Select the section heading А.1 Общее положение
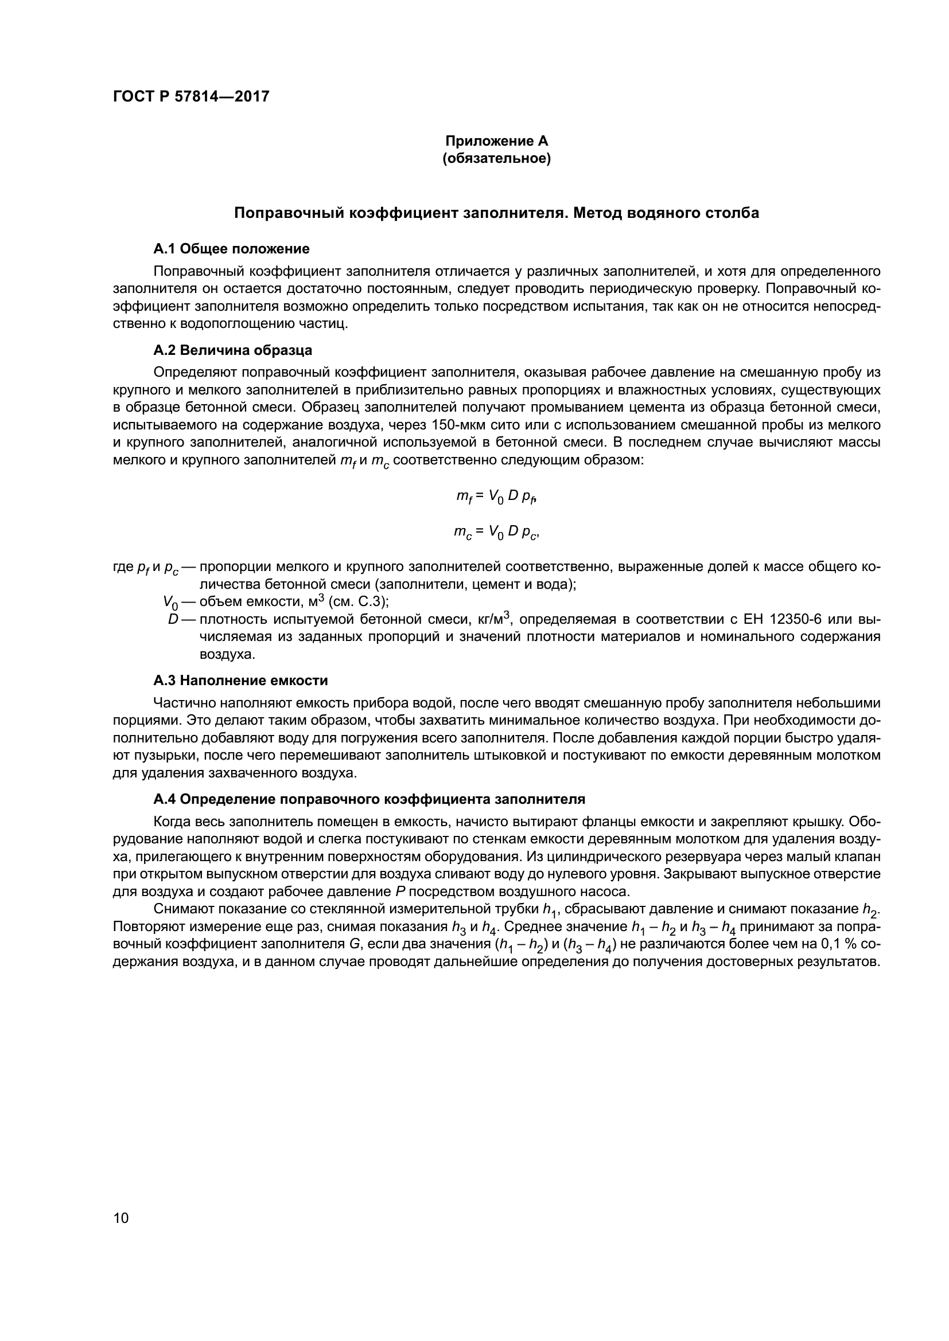coord(231,249)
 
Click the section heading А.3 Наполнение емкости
coord(240,681)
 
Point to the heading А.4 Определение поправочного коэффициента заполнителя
coord(369,799)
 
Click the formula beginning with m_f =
coord(496,496)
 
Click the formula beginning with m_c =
coord(496,532)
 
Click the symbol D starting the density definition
coord(172,619)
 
